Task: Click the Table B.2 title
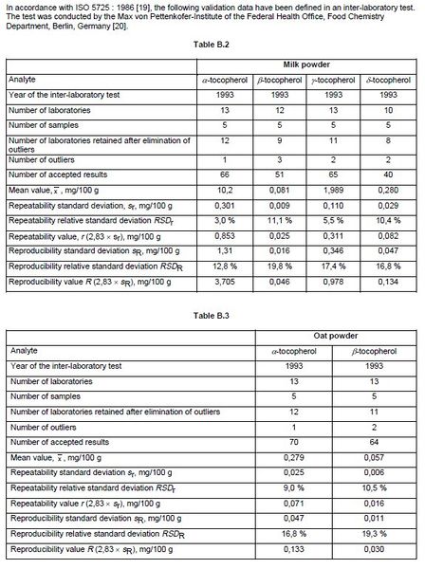pos(211,44)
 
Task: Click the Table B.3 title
pos(211,311)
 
